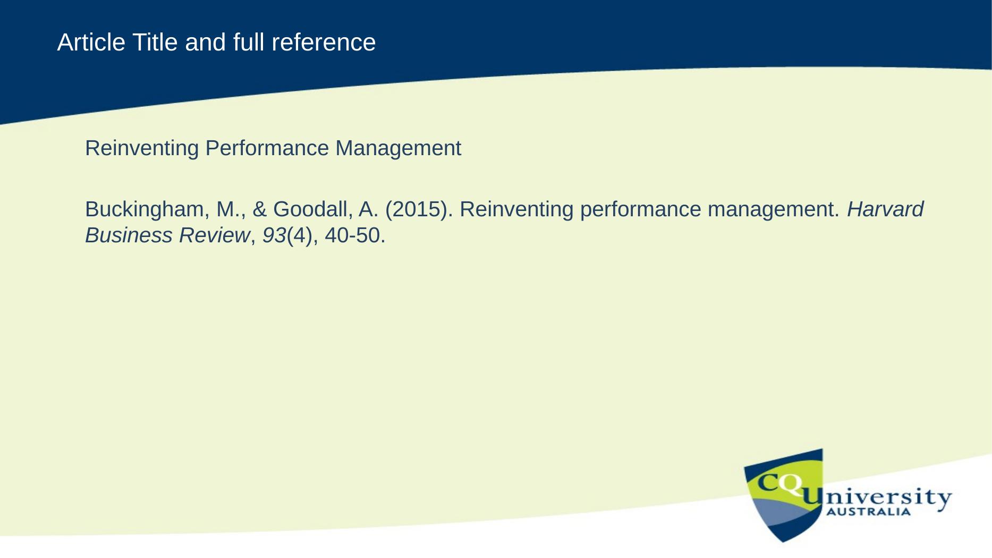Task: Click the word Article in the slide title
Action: tap(91, 42)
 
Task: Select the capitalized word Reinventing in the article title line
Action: tap(142, 149)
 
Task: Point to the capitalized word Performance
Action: tap(267, 148)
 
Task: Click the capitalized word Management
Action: tap(398, 148)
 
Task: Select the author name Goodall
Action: tap(313, 209)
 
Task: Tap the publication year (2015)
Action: tap(419, 210)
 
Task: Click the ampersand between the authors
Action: tap(260, 209)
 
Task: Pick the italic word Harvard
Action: tap(885, 209)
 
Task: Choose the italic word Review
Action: tap(214, 235)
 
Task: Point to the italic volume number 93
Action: tap(274, 235)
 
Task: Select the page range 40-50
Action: tap(355, 235)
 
